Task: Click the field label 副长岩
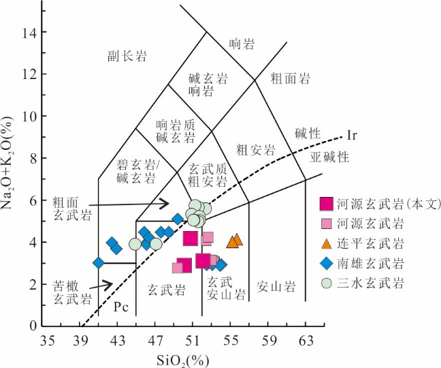coord(127,56)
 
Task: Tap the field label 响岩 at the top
coord(241,45)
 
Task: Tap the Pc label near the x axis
coord(120,307)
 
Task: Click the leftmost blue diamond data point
coord(99,263)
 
